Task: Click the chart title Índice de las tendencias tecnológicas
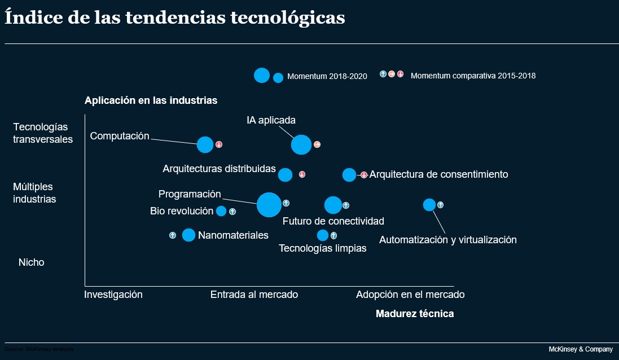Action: click(175, 17)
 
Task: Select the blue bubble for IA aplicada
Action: click(301, 144)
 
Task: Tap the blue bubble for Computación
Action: click(205, 144)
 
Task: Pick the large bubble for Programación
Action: click(269, 204)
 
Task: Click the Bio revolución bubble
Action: click(221, 211)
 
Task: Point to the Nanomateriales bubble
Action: click(188, 235)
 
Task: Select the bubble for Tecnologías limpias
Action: click(323, 235)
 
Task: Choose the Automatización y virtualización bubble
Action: click(429, 205)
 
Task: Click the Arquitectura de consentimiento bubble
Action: click(349, 175)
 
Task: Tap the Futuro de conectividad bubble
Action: click(333, 205)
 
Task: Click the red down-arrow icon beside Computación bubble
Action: click(219, 144)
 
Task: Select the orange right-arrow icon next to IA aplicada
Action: click(317, 144)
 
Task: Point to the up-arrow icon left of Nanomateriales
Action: click(173, 235)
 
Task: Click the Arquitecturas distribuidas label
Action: click(219, 169)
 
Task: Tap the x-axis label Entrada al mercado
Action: click(254, 295)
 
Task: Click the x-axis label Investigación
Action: click(113, 295)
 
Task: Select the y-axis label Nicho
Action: click(32, 262)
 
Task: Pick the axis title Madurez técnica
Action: click(415, 314)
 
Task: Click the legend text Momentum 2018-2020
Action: click(327, 76)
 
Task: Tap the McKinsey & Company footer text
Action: click(581, 349)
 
